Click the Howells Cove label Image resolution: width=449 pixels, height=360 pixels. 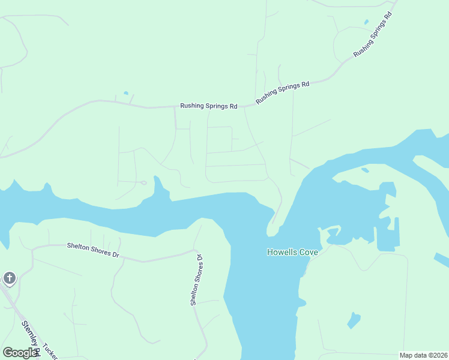292,252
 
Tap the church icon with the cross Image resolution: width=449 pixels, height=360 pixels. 9,278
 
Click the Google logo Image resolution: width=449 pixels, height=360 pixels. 20,353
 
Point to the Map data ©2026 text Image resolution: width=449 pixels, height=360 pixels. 423,355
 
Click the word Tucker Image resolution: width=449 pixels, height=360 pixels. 50,352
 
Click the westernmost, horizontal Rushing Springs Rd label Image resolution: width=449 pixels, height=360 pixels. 208,106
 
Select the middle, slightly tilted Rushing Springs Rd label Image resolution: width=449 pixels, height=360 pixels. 282,93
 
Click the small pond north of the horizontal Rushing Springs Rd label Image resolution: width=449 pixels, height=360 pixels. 125,93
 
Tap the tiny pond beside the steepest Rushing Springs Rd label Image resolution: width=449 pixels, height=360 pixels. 366,22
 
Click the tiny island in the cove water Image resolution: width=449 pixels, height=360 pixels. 365,170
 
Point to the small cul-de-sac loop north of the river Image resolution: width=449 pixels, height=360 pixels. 143,182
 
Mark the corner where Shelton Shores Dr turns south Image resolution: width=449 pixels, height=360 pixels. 194,250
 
